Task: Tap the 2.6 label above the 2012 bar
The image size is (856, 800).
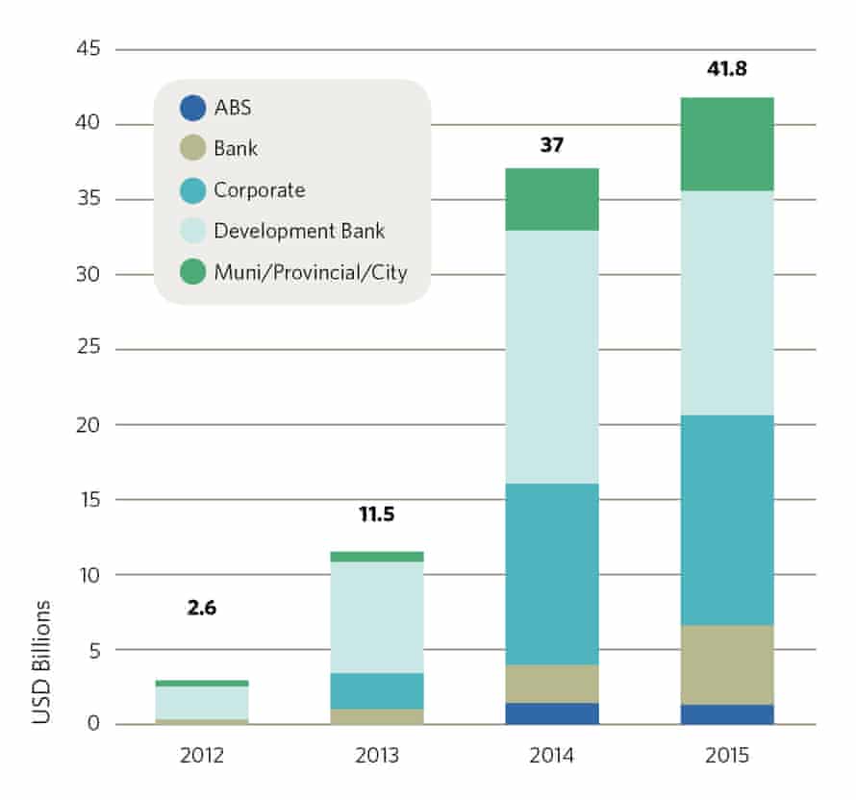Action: tap(201, 609)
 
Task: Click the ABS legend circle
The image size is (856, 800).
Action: tap(192, 107)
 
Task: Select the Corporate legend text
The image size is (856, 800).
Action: tap(259, 189)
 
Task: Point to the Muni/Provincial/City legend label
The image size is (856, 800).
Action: tap(310, 272)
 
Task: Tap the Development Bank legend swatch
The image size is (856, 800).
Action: tap(192, 231)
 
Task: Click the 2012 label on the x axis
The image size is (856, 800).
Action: tap(201, 757)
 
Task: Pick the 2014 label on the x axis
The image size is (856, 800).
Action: tap(552, 757)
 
